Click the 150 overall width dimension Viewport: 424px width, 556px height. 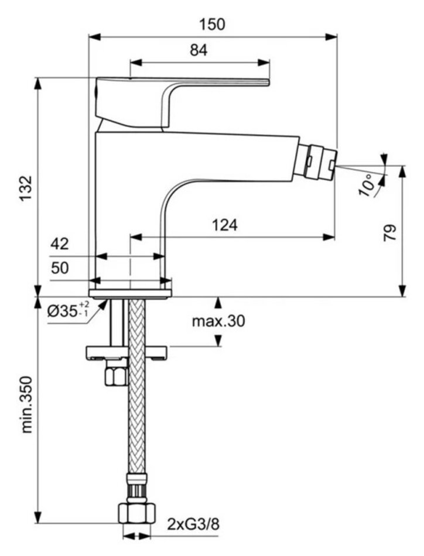tap(211, 24)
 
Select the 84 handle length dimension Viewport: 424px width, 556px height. tap(199, 50)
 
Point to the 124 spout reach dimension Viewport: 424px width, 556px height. tap(225, 225)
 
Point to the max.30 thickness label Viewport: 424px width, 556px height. tap(218, 321)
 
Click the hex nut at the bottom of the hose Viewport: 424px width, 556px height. tap(138, 513)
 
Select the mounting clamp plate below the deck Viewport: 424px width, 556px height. tap(126, 352)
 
